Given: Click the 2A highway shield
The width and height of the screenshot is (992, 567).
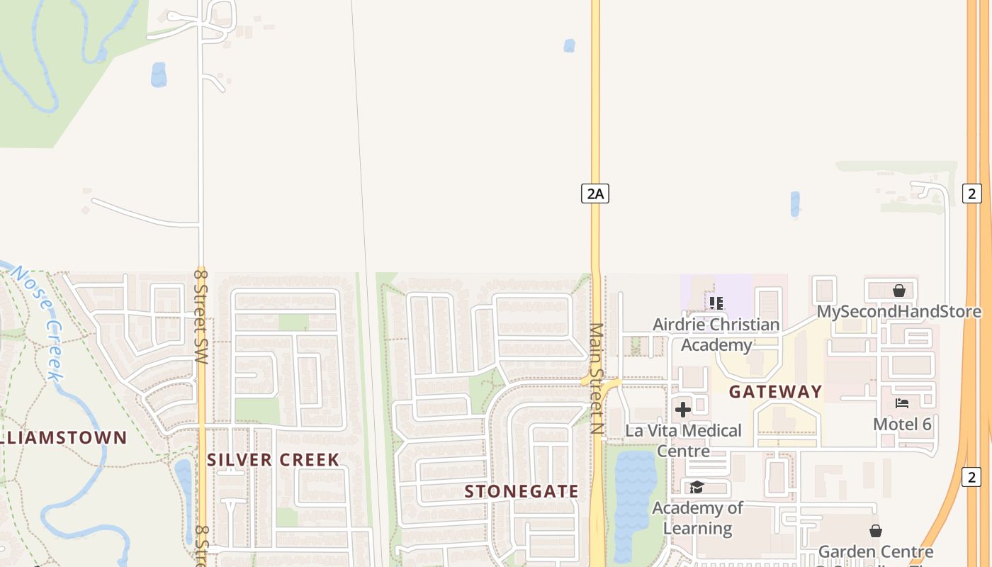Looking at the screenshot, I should [x=595, y=193].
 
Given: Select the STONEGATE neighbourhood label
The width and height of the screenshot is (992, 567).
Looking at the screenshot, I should [x=522, y=491].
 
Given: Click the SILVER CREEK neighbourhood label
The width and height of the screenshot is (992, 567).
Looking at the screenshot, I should [x=274, y=460].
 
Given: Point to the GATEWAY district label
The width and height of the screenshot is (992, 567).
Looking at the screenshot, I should [x=775, y=392].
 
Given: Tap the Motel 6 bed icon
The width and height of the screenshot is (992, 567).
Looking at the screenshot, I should [x=902, y=403].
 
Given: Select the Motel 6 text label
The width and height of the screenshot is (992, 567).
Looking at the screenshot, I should [x=902, y=424].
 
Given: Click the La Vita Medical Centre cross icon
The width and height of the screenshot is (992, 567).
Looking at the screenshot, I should [x=683, y=409].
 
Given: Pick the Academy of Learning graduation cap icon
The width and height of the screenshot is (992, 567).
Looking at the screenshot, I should [x=697, y=487].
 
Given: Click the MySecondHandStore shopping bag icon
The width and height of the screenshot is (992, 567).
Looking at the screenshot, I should [x=899, y=291].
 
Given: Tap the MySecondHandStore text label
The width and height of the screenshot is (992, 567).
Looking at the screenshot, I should [x=898, y=312].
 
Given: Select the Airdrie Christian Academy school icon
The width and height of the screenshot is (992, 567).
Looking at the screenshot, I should [x=716, y=303].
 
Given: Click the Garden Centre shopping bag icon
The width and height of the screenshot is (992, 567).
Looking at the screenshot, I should [x=876, y=531].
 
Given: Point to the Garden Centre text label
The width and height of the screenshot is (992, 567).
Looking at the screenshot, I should [x=876, y=551].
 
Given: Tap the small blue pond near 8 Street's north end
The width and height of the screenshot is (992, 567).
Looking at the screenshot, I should [x=159, y=74].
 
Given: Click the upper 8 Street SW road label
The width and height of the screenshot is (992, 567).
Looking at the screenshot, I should [x=201, y=316].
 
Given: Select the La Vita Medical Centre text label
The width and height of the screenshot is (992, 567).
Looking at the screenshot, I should [x=683, y=440].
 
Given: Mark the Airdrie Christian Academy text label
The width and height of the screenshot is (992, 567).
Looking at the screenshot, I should [x=716, y=335].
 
